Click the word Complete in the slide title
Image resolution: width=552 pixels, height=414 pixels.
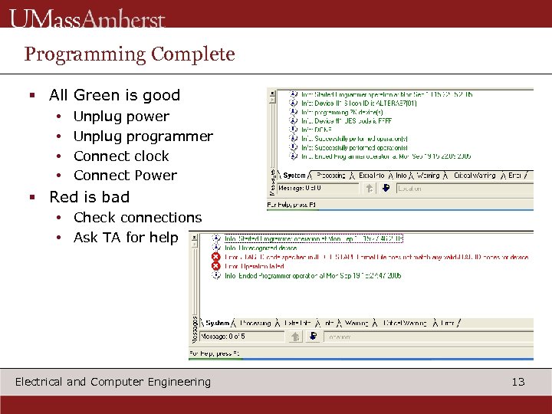(192, 54)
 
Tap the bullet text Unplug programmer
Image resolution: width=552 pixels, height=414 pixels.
(143, 136)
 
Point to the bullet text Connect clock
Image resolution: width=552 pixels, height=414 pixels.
(121, 156)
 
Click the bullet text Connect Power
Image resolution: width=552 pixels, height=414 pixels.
(125, 176)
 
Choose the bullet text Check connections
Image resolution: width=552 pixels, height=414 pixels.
(137, 218)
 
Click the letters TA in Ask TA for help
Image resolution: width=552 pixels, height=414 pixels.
(112, 238)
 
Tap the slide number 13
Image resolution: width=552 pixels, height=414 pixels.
(518, 382)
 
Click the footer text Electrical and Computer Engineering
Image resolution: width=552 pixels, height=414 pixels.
(113, 382)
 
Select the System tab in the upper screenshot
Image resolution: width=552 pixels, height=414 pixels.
(295, 176)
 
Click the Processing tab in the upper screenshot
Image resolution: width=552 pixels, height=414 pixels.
(331, 176)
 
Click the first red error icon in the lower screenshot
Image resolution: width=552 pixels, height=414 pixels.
(216, 257)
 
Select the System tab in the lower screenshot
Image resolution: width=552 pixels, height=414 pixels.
(218, 324)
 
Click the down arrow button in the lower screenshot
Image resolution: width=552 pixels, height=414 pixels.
(314, 337)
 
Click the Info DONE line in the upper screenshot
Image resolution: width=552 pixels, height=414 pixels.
(310, 130)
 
